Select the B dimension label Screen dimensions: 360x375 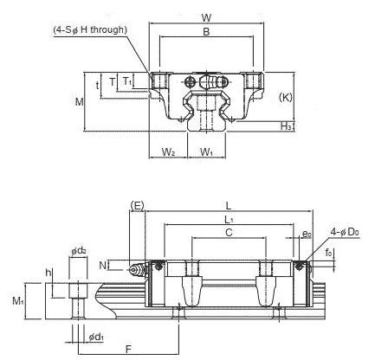205,33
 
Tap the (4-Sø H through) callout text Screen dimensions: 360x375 91,30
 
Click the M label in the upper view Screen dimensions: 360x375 79,102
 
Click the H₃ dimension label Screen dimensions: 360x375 286,126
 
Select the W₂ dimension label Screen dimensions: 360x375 168,153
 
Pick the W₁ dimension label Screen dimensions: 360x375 207,153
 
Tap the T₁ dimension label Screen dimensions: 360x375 127,80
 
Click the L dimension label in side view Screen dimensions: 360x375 226,205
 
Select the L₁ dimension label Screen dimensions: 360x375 228,221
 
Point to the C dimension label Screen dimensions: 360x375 228,234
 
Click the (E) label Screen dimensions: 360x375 136,205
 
